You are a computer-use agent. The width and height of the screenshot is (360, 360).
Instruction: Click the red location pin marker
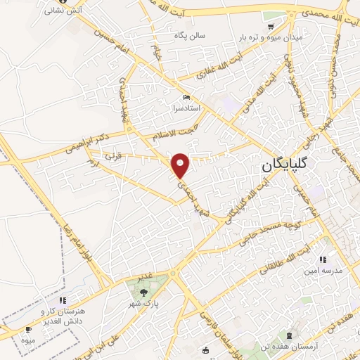(181, 165)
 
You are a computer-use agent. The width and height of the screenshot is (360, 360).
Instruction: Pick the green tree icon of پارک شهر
(144, 292)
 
